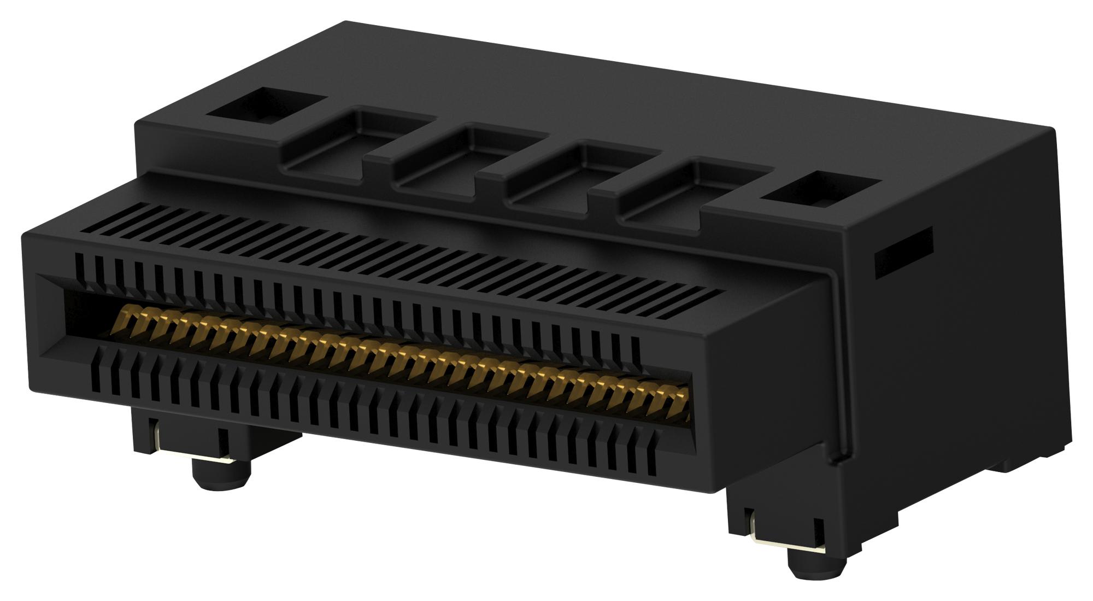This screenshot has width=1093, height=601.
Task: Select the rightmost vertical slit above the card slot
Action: tap(636, 350)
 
